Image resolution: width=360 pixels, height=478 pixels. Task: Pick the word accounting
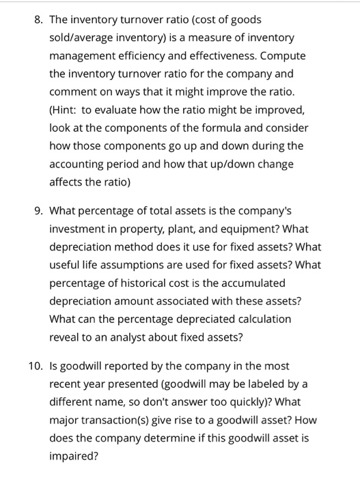click(x=81, y=164)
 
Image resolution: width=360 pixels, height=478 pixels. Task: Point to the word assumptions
click(x=130, y=265)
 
